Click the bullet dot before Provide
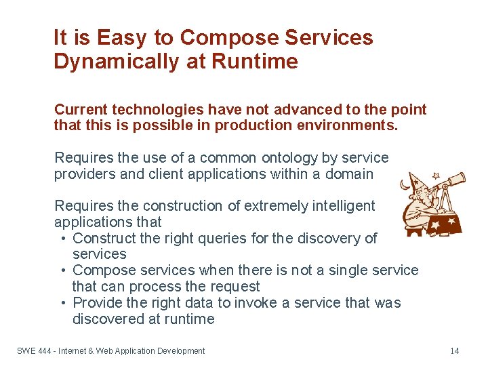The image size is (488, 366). (62, 303)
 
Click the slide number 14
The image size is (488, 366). (454, 351)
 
